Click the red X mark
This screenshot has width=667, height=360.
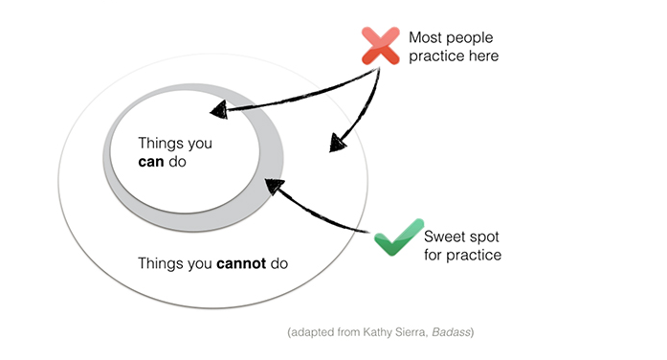tap(381, 46)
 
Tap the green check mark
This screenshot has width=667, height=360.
tap(399, 237)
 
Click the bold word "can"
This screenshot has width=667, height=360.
tap(151, 162)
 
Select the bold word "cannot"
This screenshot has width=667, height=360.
tap(241, 263)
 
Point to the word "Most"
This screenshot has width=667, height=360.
tap(426, 37)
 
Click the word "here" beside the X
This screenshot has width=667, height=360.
tap(482, 56)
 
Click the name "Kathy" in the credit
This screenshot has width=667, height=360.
tap(376, 332)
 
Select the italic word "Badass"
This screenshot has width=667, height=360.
tap(451, 332)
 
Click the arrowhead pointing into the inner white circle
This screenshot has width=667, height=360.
tap(219, 110)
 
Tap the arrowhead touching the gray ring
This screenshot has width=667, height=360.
tap(274, 186)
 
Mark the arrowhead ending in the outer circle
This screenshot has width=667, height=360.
tap(337, 143)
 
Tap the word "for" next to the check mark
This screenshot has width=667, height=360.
tap(434, 255)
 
